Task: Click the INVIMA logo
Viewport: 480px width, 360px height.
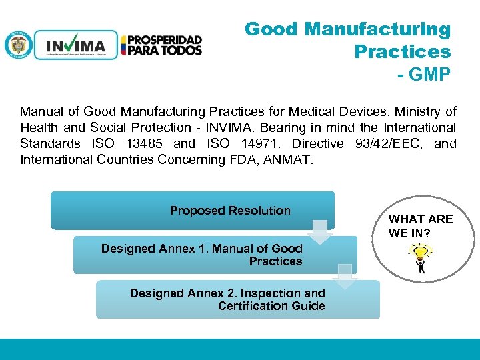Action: (75, 45)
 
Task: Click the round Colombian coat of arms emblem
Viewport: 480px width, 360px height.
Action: (18, 45)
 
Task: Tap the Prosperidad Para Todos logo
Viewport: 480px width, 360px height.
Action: (161, 45)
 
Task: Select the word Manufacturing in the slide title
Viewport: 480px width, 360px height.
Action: (377, 29)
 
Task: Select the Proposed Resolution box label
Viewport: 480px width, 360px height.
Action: (230, 211)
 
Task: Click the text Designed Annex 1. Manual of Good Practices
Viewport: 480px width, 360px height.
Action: (201, 255)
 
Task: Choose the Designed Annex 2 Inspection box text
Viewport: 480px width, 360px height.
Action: (227, 299)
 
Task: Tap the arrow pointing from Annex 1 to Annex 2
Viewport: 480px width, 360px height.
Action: (346, 275)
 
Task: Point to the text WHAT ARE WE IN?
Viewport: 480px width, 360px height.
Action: (420, 226)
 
